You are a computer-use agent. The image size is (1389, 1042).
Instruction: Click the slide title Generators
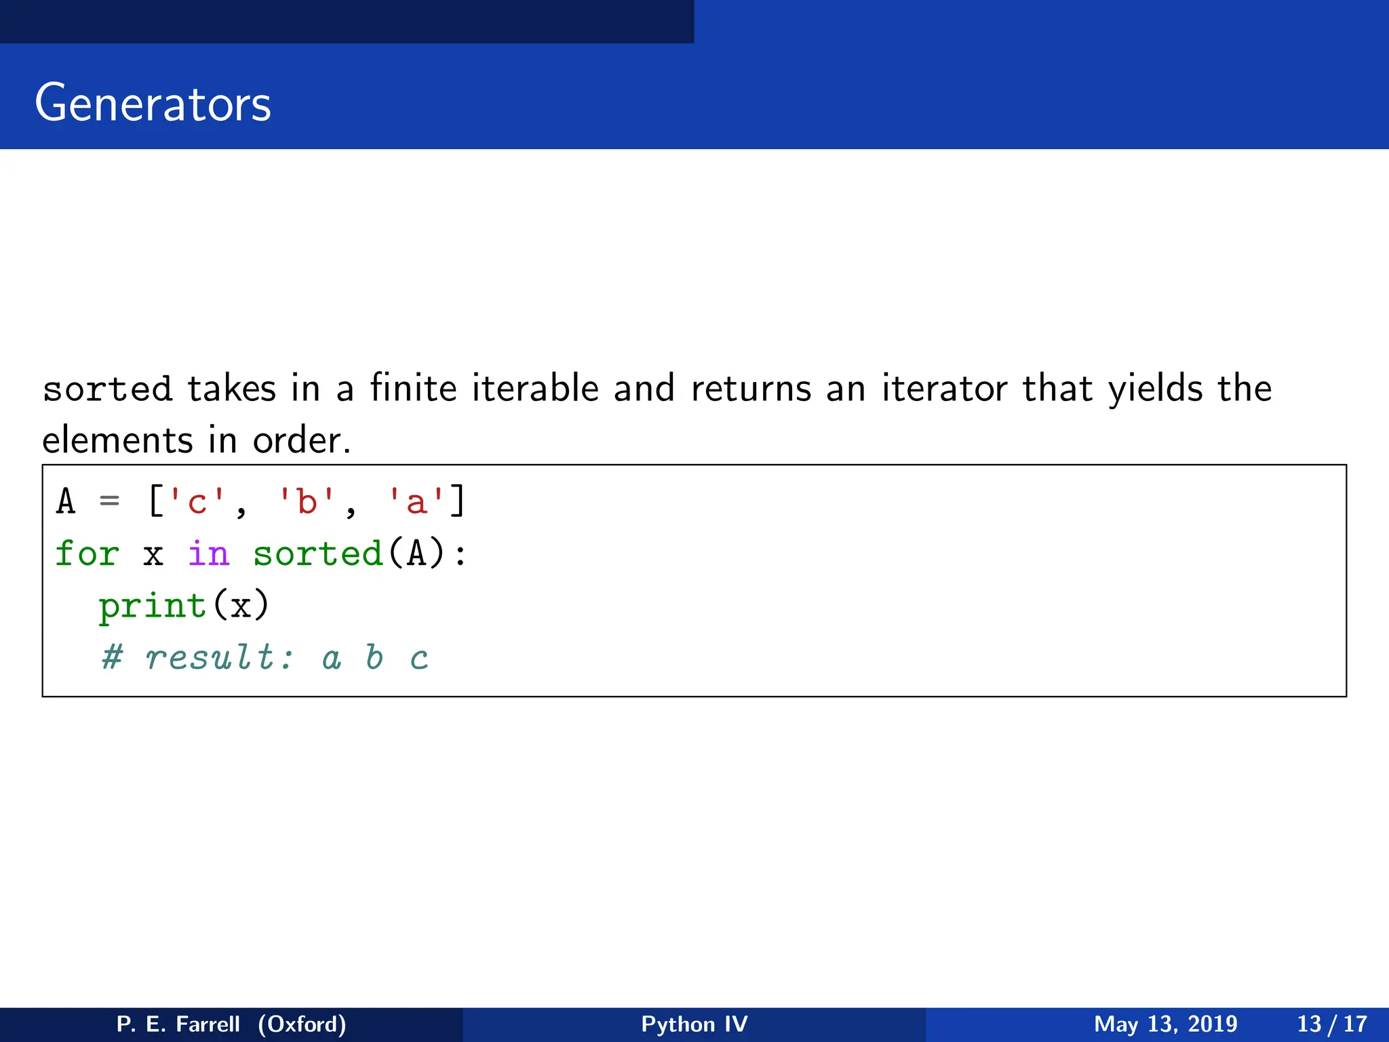(x=153, y=103)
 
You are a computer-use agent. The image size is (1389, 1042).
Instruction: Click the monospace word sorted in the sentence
(x=107, y=389)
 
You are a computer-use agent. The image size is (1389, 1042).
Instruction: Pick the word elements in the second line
(x=117, y=440)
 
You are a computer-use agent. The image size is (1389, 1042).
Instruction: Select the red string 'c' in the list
(x=197, y=502)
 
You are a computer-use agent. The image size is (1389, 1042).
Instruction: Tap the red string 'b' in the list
(x=307, y=502)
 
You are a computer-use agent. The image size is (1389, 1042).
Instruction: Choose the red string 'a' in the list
(x=416, y=502)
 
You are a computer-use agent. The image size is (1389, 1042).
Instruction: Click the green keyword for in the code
(x=87, y=554)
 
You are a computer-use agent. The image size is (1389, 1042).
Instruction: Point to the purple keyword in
(x=208, y=554)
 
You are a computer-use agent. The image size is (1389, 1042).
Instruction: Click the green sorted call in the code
(x=317, y=554)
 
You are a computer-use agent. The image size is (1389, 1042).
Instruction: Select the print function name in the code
(x=153, y=605)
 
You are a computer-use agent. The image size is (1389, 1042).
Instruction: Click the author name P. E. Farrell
(x=178, y=1024)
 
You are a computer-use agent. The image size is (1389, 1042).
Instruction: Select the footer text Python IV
(x=694, y=1024)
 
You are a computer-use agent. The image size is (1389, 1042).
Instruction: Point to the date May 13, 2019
(x=1165, y=1024)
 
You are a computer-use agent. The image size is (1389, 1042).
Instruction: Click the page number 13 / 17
(x=1332, y=1024)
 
